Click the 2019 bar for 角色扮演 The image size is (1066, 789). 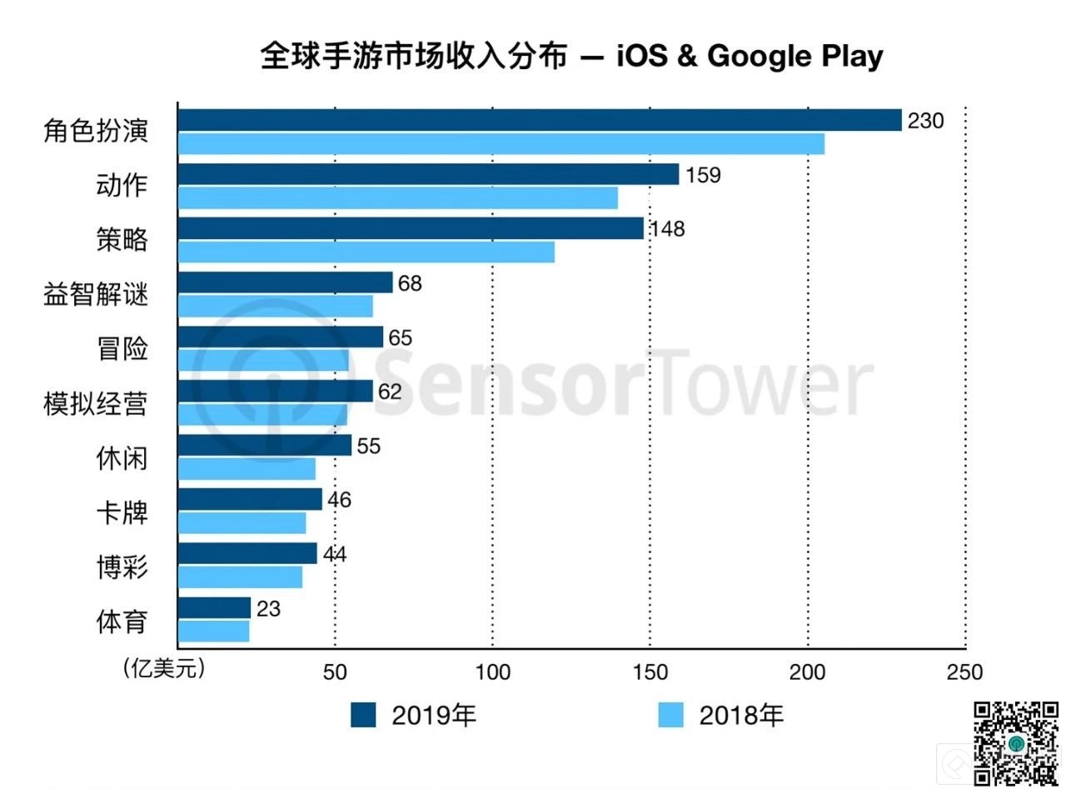click(x=540, y=120)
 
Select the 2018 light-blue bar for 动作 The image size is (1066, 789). click(x=397, y=198)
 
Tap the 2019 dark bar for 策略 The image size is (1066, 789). click(x=411, y=228)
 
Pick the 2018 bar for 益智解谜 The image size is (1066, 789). click(x=276, y=307)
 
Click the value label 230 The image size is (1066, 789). click(x=925, y=121)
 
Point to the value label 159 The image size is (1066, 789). click(x=703, y=175)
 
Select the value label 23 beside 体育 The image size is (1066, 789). click(x=269, y=609)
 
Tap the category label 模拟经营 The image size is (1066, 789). click(x=95, y=404)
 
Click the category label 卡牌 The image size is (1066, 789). click(x=122, y=512)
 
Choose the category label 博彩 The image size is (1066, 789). click(x=122, y=567)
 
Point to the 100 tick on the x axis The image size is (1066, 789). click(x=492, y=672)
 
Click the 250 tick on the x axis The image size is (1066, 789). click(x=964, y=672)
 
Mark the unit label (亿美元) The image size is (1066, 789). click(x=162, y=668)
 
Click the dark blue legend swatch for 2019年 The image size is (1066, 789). click(x=363, y=715)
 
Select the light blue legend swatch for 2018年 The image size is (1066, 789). click(x=670, y=715)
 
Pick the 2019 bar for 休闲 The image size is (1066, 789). click(x=265, y=445)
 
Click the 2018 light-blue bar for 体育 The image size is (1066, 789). click(x=214, y=632)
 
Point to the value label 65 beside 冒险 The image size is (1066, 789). click(x=400, y=337)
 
